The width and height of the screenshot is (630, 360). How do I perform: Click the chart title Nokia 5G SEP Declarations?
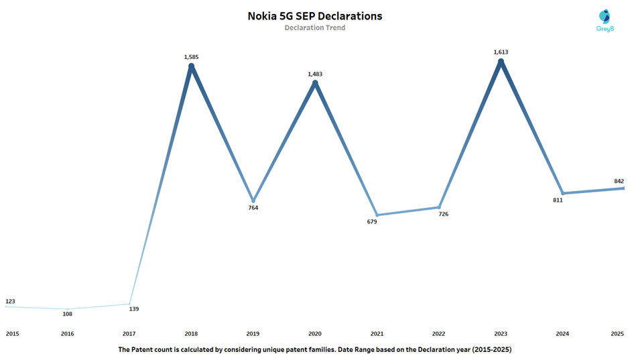[x=314, y=15]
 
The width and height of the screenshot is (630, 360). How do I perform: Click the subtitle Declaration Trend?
[x=314, y=28]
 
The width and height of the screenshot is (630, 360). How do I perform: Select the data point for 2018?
[x=191, y=66]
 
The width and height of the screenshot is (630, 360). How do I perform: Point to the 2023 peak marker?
[x=500, y=62]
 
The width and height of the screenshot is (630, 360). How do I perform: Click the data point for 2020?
[x=314, y=82]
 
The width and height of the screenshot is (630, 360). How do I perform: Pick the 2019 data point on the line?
[x=253, y=200]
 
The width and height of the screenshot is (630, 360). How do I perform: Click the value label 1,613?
[x=501, y=52]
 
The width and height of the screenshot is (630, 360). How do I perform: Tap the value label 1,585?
[x=191, y=57]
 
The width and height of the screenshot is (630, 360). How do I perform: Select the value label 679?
[x=372, y=222]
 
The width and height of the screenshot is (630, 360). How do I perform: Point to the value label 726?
[x=444, y=215]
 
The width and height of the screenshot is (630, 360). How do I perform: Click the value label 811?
[x=557, y=200]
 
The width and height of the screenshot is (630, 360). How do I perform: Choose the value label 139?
[x=134, y=309]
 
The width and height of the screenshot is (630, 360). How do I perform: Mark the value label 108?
[x=67, y=314]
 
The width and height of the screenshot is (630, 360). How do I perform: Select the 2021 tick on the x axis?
[x=377, y=333]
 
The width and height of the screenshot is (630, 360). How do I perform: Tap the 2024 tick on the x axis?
[x=562, y=333]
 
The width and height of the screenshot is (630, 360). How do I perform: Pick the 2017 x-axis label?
[x=129, y=333]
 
